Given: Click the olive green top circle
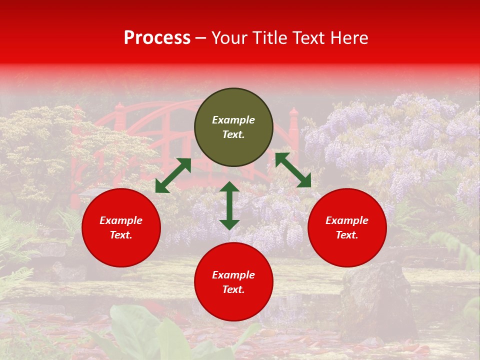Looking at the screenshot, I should click(233, 127).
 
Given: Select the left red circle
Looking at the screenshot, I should click(121, 227).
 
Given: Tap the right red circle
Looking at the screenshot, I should click(347, 227).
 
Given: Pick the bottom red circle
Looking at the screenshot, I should click(233, 282).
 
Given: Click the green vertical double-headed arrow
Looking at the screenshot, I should click(229, 205).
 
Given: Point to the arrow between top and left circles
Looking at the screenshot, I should click(173, 175).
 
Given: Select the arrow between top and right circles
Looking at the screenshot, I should click(293, 170).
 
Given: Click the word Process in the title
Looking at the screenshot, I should click(157, 38).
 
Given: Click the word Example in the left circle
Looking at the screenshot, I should click(121, 220).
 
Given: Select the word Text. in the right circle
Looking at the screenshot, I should click(347, 235).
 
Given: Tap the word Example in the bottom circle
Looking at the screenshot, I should click(233, 275).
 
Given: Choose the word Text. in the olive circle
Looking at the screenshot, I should click(233, 135).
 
